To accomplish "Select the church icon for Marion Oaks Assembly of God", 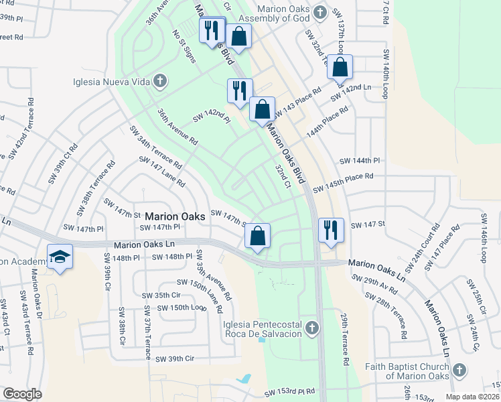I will tap(320, 12).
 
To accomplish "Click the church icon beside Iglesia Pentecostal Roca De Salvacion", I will tap(311, 328).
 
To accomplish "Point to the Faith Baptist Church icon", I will tap(459, 370).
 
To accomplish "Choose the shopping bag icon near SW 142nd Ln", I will tap(340, 67).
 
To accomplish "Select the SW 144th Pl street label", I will tap(360, 161).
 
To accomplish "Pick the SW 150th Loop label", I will tap(180, 308).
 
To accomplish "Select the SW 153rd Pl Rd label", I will tap(289, 392).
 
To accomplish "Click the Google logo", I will tap(22, 394).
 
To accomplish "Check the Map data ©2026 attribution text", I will tap(472, 397).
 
